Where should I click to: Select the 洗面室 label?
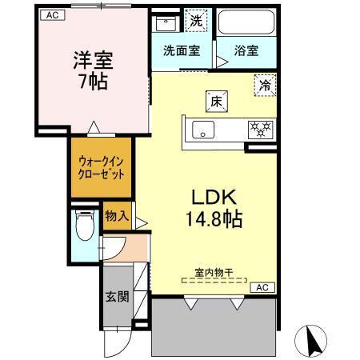pyautogui.click(x=182, y=50)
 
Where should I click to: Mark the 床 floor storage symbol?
pyautogui.click(x=216, y=102)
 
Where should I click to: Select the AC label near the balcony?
pyautogui.click(x=262, y=286)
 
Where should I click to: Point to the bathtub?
pyautogui.click(x=246, y=22)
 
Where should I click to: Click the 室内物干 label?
pyautogui.click(x=212, y=270)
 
